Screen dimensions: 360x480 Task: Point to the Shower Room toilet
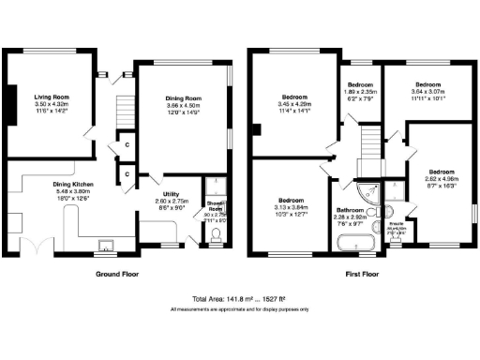[x=216, y=236]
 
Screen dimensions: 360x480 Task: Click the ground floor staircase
[x=119, y=112]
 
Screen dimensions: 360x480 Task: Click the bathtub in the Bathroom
[x=356, y=246]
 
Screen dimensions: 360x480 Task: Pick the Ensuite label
[x=397, y=224]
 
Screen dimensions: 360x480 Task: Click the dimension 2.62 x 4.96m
[x=441, y=179]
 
